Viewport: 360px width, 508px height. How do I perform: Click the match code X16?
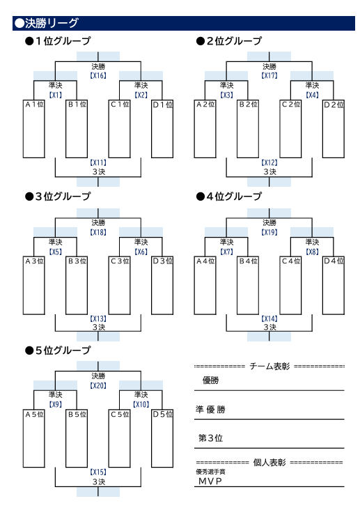pos(98,75)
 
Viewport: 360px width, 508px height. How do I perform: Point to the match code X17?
pos(269,75)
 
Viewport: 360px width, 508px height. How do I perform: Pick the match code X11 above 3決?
pos(98,162)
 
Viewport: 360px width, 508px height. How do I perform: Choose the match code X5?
pos(56,252)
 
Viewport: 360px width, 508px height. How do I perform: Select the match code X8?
pos(312,252)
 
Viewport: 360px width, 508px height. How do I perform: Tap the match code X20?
pos(98,385)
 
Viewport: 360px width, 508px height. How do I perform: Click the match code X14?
pos(269,318)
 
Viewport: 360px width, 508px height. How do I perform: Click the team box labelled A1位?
pos(33,129)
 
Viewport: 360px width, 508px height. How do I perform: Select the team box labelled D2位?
pos(334,129)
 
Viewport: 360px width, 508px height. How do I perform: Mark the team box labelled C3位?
pos(120,286)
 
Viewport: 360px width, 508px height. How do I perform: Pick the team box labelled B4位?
pos(248,286)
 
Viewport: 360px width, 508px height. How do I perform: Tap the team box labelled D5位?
pos(162,439)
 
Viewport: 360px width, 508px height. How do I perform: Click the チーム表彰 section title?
pos(269,366)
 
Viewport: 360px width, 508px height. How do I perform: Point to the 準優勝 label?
pos(210,410)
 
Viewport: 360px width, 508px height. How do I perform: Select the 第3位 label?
pos(211,438)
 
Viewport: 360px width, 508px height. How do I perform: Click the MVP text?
pos(210,481)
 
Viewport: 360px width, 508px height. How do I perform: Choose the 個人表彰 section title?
pos(269,462)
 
